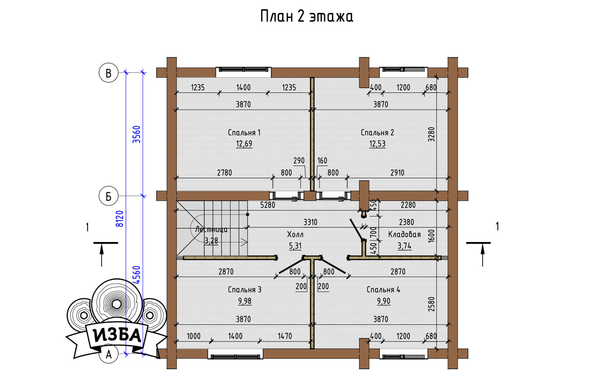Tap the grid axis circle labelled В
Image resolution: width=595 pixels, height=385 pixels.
[x=108, y=73]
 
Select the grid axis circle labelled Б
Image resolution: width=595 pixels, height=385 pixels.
[x=108, y=196]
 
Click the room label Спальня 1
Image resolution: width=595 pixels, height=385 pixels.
[x=244, y=132]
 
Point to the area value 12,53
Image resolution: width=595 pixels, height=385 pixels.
[x=377, y=144]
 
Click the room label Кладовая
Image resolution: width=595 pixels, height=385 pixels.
[x=404, y=234]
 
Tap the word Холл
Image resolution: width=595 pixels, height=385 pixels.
[x=295, y=234]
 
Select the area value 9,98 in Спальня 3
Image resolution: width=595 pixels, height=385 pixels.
[x=245, y=301]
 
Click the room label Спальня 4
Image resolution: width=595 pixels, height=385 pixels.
[x=383, y=289]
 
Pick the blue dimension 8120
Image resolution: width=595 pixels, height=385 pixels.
[x=120, y=219]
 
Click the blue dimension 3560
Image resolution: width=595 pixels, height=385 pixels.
[x=136, y=134]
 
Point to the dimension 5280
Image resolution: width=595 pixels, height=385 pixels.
[x=268, y=205]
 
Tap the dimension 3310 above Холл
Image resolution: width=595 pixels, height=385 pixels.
[x=310, y=222]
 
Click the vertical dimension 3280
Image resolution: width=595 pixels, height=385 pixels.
[x=431, y=134]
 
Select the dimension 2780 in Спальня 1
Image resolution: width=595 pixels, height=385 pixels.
[x=224, y=173]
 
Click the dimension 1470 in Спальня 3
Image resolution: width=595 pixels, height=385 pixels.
[x=285, y=336]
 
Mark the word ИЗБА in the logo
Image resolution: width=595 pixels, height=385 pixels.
[x=117, y=336]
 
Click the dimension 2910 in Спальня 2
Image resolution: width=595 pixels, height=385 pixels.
[x=397, y=173]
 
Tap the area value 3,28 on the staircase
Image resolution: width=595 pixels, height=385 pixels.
[x=211, y=241]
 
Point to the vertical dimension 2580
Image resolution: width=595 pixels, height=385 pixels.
[x=431, y=304]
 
